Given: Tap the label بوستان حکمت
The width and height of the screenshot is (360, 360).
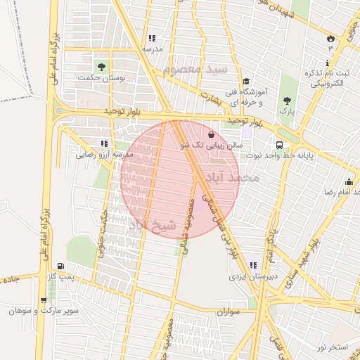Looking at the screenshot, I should coord(102,79).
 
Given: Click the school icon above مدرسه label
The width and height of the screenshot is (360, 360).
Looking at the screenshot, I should coord(151,39).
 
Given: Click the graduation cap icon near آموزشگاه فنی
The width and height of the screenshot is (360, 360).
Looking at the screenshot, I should coord(246,82).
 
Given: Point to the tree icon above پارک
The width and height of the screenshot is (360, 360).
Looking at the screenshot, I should coord(286,99).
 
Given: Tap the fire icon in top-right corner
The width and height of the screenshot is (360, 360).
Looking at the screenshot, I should coord(330,37).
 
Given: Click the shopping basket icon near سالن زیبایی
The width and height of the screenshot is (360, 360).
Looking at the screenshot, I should coord(212,134).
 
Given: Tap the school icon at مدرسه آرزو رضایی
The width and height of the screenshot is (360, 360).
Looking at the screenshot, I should coord(103,143).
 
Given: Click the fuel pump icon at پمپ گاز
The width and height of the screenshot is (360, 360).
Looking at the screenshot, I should coord(61,266).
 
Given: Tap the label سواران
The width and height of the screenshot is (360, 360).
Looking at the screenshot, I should coord(229,310).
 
